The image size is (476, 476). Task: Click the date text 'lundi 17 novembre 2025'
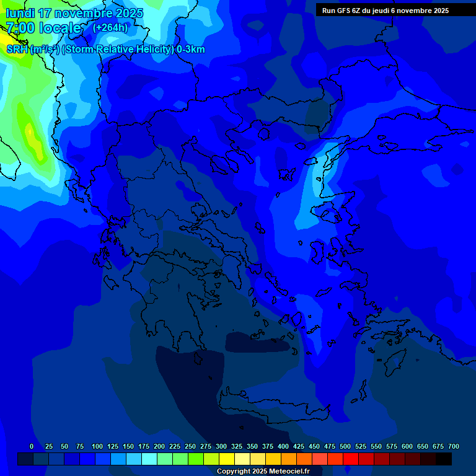pos(74,13)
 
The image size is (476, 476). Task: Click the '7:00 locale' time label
pos(43,28)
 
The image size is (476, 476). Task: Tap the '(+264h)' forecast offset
pos(110,27)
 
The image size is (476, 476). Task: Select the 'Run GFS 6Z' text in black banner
pos(343,11)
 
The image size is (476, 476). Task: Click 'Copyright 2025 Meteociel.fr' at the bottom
pos(263,472)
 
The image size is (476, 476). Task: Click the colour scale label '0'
pos(32,446)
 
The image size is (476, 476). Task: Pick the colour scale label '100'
pos(97,446)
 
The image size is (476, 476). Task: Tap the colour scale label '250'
pos(190,446)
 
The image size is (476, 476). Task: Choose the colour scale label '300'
pos(221,446)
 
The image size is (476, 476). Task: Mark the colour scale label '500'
pos(345,446)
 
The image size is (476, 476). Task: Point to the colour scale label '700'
pos(454,446)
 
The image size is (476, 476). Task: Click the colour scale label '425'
pos(299,446)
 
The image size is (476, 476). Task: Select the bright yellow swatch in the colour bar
pos(227,459)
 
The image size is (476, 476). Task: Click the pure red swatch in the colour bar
pos(351,459)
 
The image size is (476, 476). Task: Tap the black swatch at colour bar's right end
pos(444,459)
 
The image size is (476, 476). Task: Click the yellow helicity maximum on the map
pos(30,131)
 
